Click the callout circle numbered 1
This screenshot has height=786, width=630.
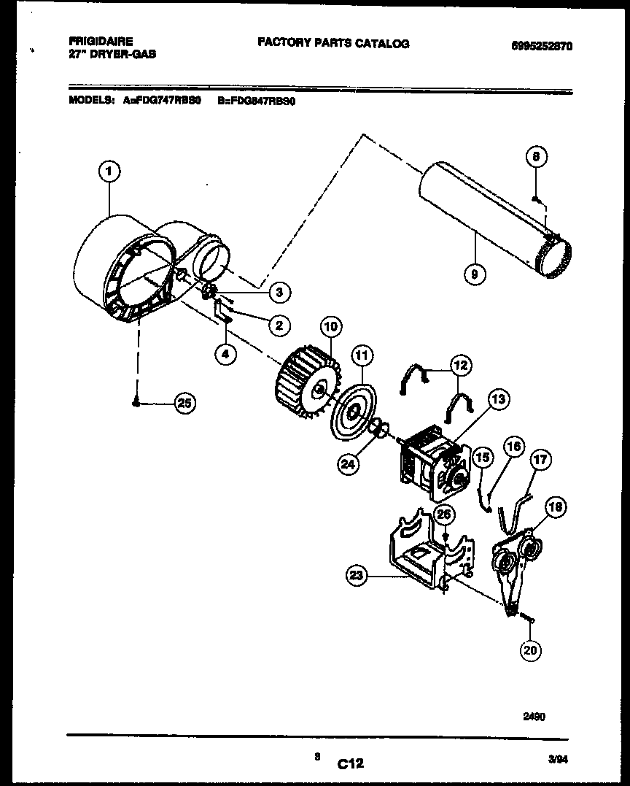[x=109, y=172]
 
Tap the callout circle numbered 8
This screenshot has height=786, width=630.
[x=535, y=156]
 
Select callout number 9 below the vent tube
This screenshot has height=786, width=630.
[x=475, y=274]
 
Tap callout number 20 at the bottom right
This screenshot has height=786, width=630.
[x=531, y=649]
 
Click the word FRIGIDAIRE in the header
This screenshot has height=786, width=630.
[x=101, y=42]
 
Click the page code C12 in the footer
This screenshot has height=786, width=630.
[x=351, y=764]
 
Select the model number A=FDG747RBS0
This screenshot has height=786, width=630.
[x=162, y=102]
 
